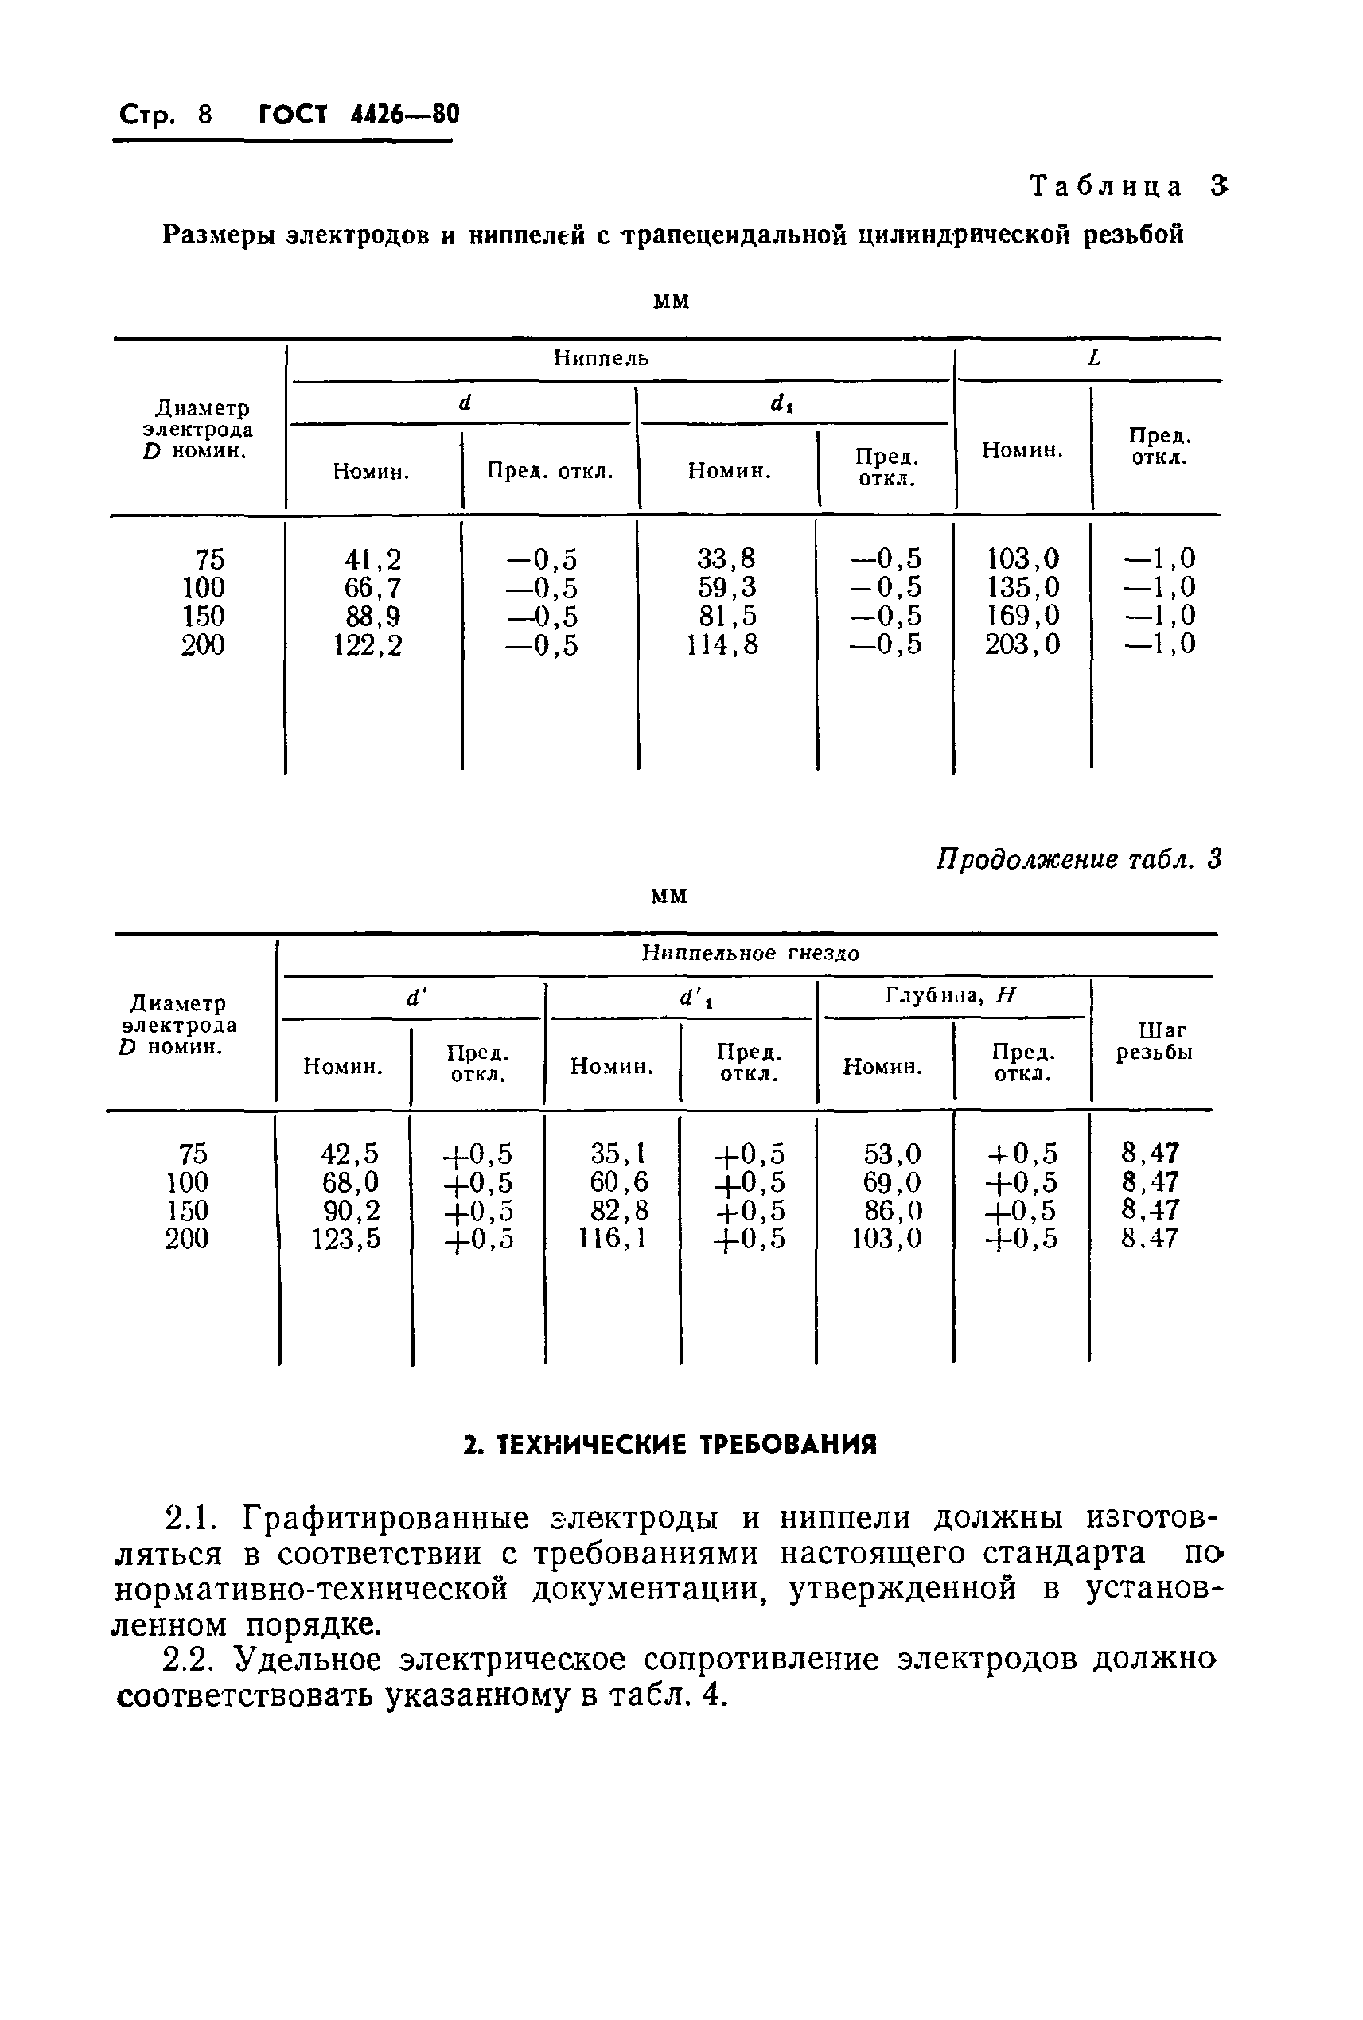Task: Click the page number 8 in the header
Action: click(205, 115)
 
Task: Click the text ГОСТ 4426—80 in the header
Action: click(359, 115)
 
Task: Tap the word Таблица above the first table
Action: click(1106, 186)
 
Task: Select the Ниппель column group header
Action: click(602, 358)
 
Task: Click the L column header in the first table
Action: click(1093, 358)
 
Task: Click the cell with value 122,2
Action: click(368, 645)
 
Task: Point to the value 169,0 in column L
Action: click(1022, 617)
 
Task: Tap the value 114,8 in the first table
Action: click(722, 645)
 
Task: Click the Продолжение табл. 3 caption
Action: click(1078, 859)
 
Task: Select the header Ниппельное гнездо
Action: click(750, 953)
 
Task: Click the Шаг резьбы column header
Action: click(1154, 1041)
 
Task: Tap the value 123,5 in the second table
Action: click(346, 1239)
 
